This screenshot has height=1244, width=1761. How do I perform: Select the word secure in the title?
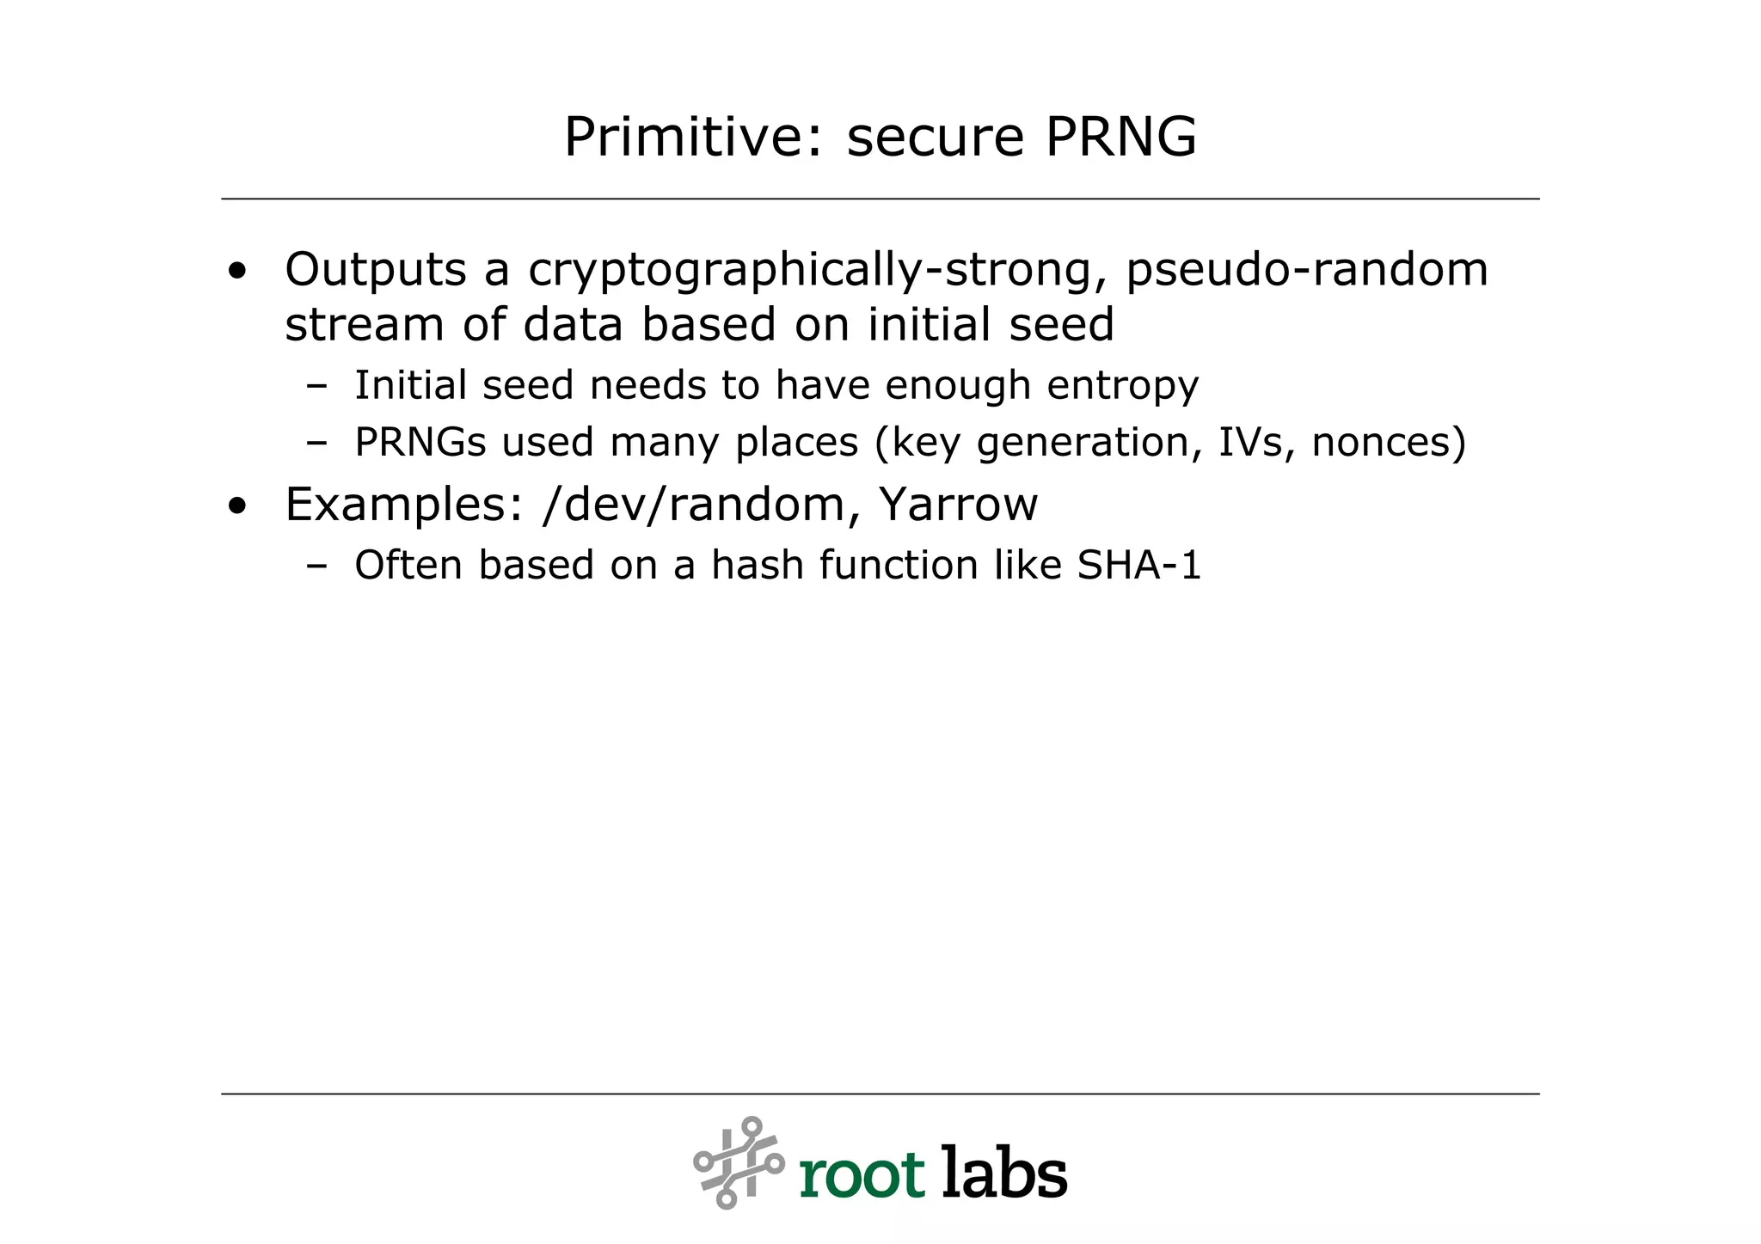pos(936,138)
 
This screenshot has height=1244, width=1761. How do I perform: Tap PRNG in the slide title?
pos(1121,137)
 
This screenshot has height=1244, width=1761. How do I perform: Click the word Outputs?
pos(375,269)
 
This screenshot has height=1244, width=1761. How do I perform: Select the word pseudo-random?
pos(1306,271)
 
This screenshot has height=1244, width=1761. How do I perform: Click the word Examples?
pos(403,505)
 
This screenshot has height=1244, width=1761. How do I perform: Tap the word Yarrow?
pos(958,504)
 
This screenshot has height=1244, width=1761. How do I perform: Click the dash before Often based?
pos(316,566)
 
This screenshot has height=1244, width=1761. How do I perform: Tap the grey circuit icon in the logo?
pos(739,1162)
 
